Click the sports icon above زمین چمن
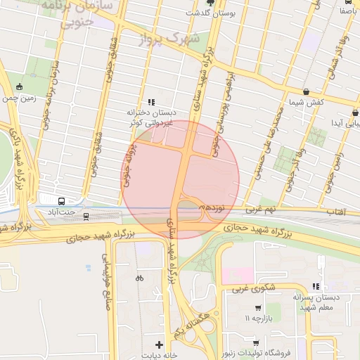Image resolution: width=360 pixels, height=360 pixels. click(19, 87)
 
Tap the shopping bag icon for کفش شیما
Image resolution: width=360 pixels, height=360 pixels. click(306, 91)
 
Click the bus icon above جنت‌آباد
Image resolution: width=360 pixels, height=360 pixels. click(61, 200)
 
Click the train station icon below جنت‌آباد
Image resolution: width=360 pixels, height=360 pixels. click(86, 216)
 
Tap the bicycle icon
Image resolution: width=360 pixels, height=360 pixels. click(139, 278)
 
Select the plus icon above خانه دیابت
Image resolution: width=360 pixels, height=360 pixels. click(160, 345)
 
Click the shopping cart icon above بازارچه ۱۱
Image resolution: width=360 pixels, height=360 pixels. click(258, 308)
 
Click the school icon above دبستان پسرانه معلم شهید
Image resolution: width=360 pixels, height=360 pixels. click(316, 286)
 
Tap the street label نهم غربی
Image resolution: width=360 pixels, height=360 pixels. click(260, 210)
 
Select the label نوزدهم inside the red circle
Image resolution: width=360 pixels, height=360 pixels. click(212, 209)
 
